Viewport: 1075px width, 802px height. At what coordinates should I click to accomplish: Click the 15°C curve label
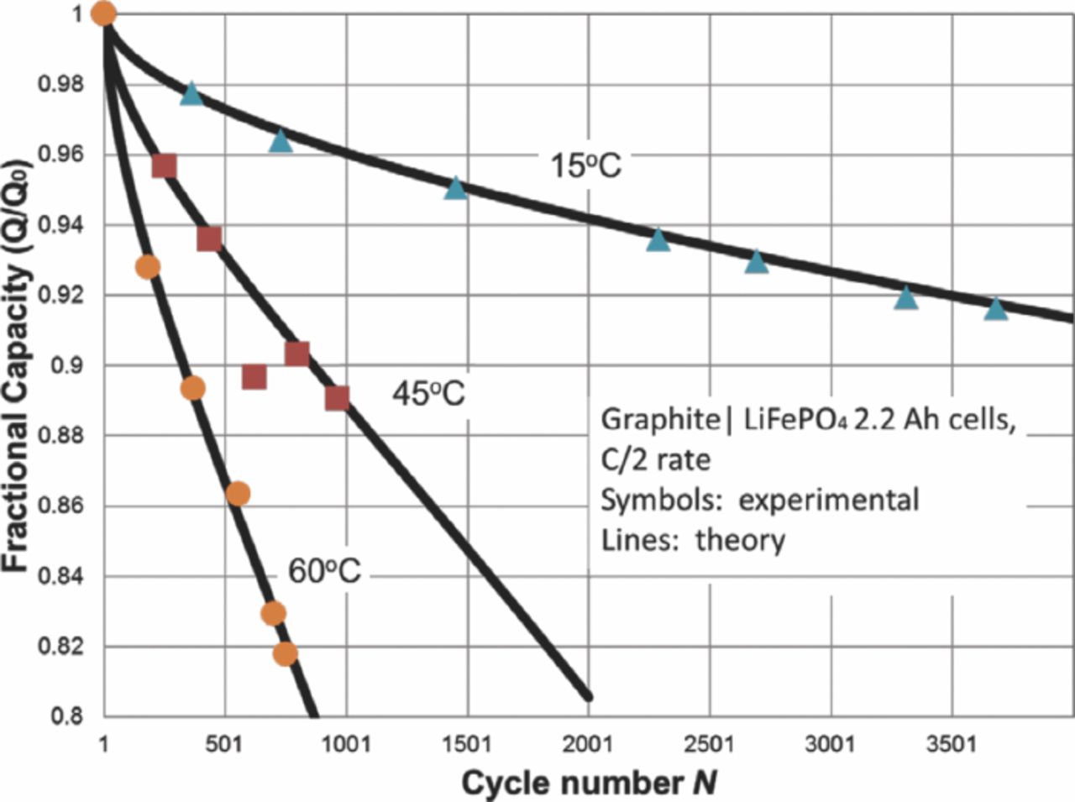click(x=585, y=165)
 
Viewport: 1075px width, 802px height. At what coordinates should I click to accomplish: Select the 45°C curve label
click(x=428, y=392)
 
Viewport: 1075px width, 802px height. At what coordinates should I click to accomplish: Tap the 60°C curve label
click(x=324, y=571)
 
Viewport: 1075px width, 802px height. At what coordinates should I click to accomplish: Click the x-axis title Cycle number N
click(x=589, y=783)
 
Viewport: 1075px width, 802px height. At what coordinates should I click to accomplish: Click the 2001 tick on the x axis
click(x=589, y=744)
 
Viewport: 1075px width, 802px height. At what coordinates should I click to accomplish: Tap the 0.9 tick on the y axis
click(x=71, y=366)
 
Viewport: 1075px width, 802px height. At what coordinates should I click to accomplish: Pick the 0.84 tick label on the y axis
click(x=64, y=577)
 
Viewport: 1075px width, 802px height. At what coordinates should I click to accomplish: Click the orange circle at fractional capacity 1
click(x=102, y=13)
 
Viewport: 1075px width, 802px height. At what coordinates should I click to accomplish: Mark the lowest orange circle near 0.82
click(x=286, y=653)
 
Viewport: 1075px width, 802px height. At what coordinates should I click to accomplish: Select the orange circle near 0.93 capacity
click(x=147, y=267)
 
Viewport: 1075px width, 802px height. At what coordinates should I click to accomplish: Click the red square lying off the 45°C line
click(x=254, y=378)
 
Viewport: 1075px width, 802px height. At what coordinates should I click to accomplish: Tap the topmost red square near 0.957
click(x=165, y=166)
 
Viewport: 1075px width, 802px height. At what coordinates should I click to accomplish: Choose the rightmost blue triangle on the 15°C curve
click(x=995, y=309)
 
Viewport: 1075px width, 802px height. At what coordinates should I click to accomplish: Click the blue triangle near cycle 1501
click(x=455, y=188)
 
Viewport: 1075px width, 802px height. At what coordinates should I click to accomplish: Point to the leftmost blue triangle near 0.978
click(x=191, y=93)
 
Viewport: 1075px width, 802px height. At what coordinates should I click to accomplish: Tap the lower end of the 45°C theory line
click(x=588, y=695)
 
